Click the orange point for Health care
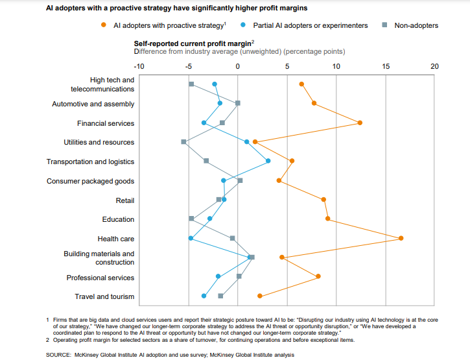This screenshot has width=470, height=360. (401, 238)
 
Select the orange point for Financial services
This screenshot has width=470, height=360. (360, 123)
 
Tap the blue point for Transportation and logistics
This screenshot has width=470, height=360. (268, 161)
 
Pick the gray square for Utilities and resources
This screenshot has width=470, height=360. (183, 141)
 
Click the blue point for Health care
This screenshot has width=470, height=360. (191, 238)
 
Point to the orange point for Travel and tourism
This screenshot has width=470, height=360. (260, 296)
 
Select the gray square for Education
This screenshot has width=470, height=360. (191, 219)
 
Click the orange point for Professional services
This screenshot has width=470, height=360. (318, 276)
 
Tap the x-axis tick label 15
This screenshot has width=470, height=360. (385, 66)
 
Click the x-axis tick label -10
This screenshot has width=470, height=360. (139, 66)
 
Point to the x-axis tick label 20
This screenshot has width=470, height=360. (434, 66)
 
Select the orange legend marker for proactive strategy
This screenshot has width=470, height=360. (104, 25)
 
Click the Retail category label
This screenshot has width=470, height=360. (125, 200)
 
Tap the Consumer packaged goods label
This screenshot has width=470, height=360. (90, 181)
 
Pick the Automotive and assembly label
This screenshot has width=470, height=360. (93, 104)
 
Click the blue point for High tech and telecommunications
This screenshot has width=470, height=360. (215, 84)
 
